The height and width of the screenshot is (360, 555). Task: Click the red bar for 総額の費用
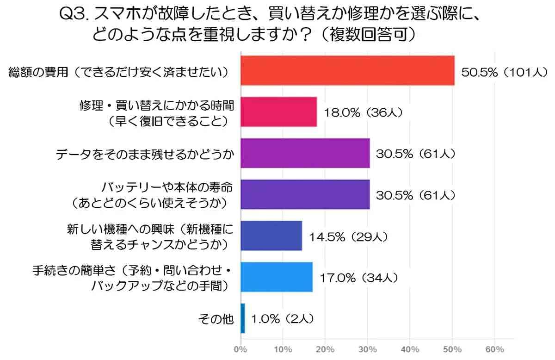(347, 70)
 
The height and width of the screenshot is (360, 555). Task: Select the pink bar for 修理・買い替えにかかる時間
(278, 112)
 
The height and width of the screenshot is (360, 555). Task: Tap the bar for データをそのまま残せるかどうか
(305, 153)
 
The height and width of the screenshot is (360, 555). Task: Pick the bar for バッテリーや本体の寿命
(305, 194)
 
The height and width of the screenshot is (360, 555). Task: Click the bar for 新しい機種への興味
(271, 236)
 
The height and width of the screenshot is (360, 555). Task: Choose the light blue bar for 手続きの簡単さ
(277, 277)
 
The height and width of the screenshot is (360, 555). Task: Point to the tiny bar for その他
(243, 318)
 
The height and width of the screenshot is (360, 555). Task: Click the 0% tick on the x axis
(240, 348)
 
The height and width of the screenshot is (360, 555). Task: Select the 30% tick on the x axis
(367, 348)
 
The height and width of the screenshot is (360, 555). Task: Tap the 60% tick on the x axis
(494, 348)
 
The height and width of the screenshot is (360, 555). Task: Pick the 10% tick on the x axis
(283, 348)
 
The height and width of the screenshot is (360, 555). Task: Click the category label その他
(216, 319)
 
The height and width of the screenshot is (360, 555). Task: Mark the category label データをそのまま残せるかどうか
(144, 153)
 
